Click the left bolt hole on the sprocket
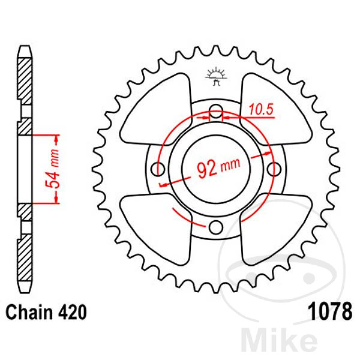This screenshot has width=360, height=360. pos(160,168)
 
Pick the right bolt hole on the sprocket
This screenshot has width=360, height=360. pos(275,168)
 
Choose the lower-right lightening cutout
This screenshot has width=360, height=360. pos(275,225)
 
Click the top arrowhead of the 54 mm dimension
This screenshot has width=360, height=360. pos(58,139)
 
